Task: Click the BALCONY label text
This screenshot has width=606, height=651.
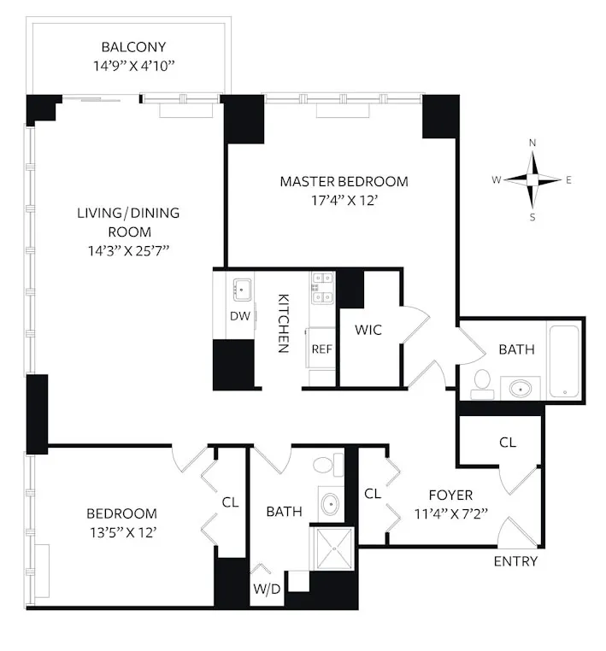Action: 133,47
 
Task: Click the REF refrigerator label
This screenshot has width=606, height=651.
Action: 321,349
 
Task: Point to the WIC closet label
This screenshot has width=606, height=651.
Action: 368,329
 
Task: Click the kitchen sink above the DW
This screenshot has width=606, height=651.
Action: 240,289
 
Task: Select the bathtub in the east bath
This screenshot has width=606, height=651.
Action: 565,360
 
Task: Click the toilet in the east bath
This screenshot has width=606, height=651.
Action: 480,381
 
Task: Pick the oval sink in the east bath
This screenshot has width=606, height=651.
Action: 520,389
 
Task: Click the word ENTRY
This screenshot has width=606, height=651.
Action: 516,561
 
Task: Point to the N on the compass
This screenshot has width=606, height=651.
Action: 532,143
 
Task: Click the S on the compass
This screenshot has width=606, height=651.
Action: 532,217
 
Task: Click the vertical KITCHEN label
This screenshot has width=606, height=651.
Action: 283,324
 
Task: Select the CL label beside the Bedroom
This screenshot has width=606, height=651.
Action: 230,502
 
